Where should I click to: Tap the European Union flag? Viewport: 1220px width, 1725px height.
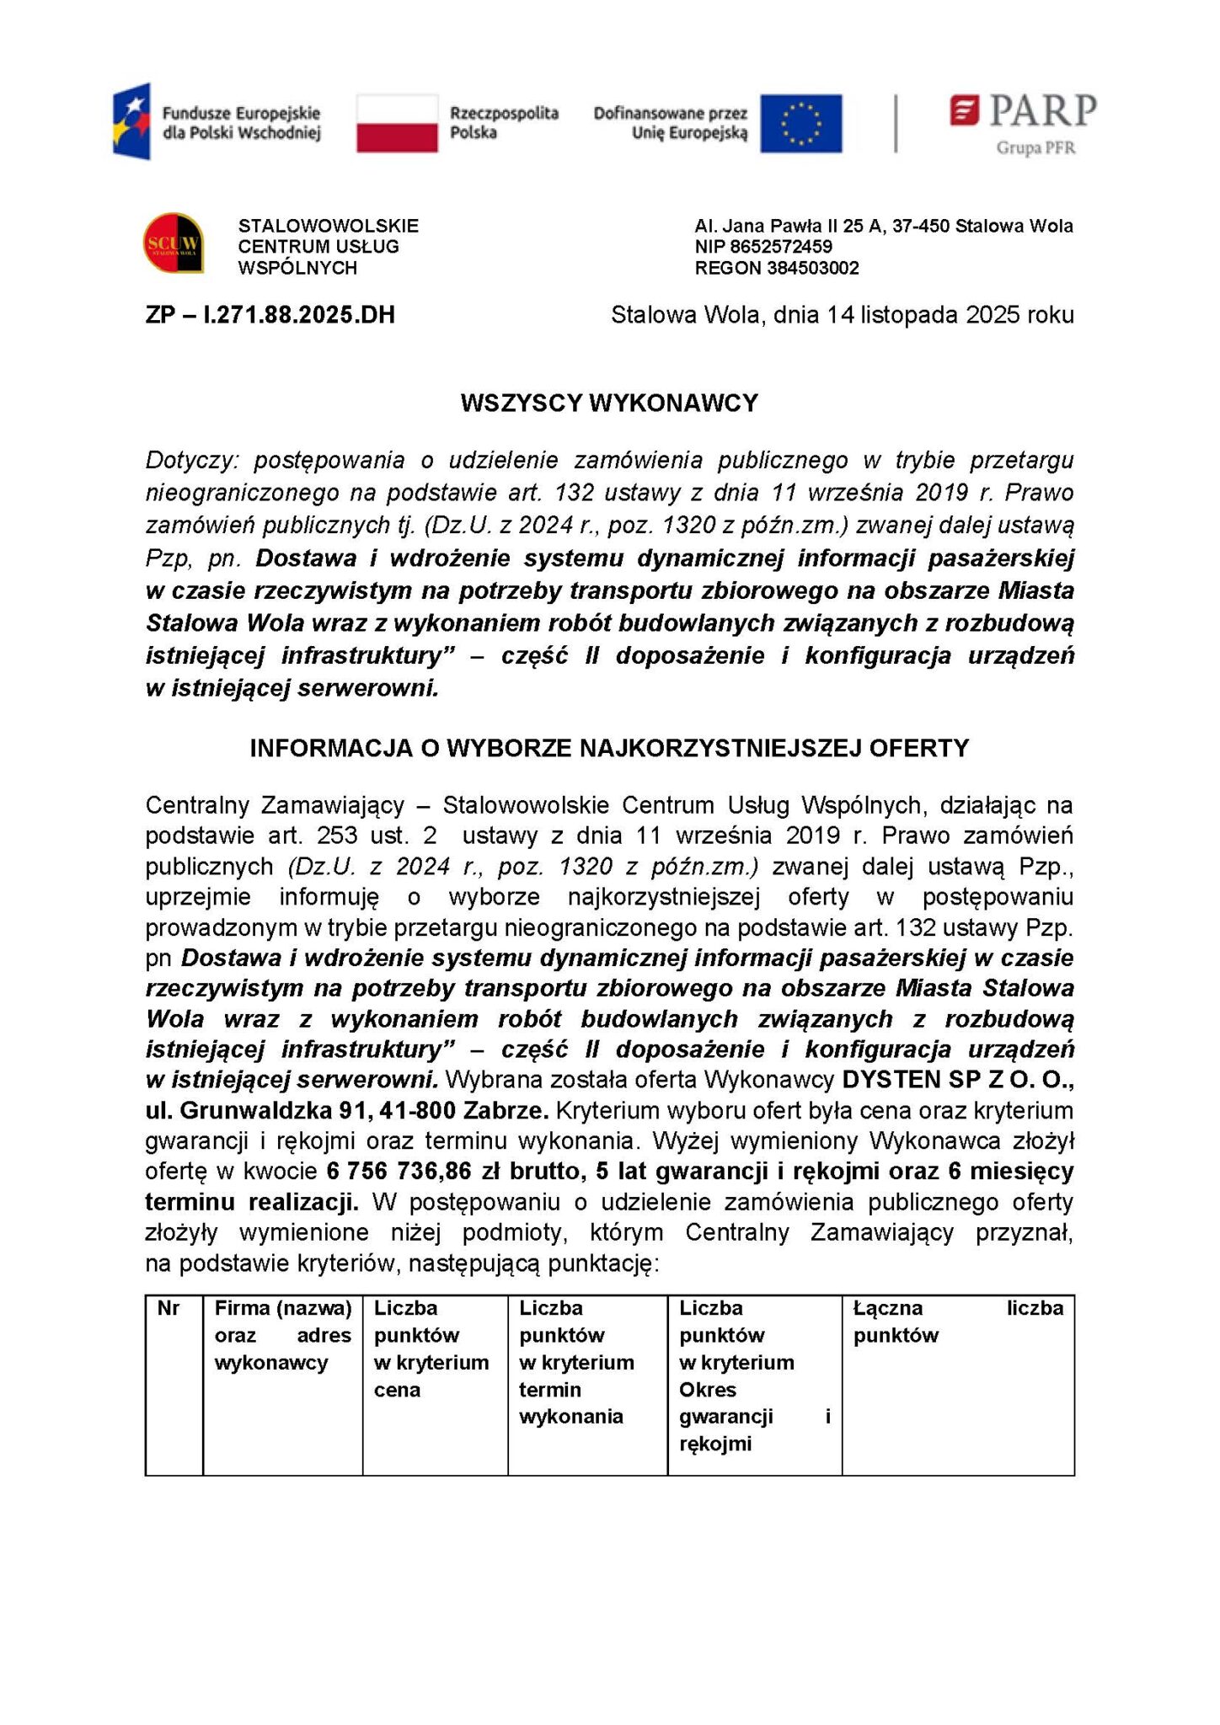[800, 123]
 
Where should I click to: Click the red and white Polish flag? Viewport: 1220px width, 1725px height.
[397, 123]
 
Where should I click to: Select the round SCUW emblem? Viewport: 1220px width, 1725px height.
[174, 243]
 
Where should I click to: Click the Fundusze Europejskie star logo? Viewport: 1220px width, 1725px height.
[132, 121]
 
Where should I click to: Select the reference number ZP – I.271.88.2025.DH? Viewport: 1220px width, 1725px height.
[270, 315]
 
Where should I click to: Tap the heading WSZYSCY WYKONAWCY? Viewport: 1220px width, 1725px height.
[609, 403]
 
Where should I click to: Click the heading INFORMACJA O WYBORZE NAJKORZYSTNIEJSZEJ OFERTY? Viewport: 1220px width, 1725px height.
[609, 748]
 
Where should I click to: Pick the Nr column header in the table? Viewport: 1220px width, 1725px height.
[169, 1308]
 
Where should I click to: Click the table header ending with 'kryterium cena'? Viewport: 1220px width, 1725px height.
[431, 1348]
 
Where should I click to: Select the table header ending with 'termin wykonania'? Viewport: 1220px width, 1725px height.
[576, 1362]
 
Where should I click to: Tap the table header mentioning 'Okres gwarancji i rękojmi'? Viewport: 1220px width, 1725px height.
[754, 1375]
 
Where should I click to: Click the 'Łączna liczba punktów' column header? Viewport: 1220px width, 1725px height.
[957, 1322]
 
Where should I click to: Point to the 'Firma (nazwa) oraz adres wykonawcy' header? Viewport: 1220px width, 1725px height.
[282, 1335]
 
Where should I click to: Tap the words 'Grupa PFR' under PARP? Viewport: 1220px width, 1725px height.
[1035, 148]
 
